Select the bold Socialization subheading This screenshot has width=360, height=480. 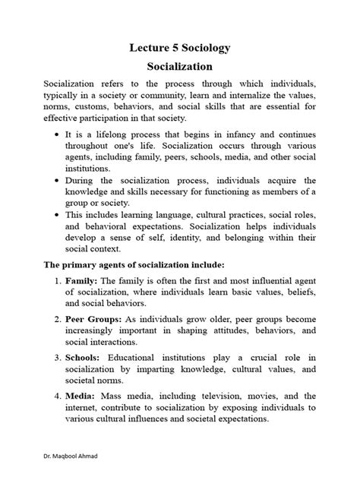tap(179, 67)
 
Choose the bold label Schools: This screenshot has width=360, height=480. tap(83, 357)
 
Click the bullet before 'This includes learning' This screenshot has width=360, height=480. tap(58, 215)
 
